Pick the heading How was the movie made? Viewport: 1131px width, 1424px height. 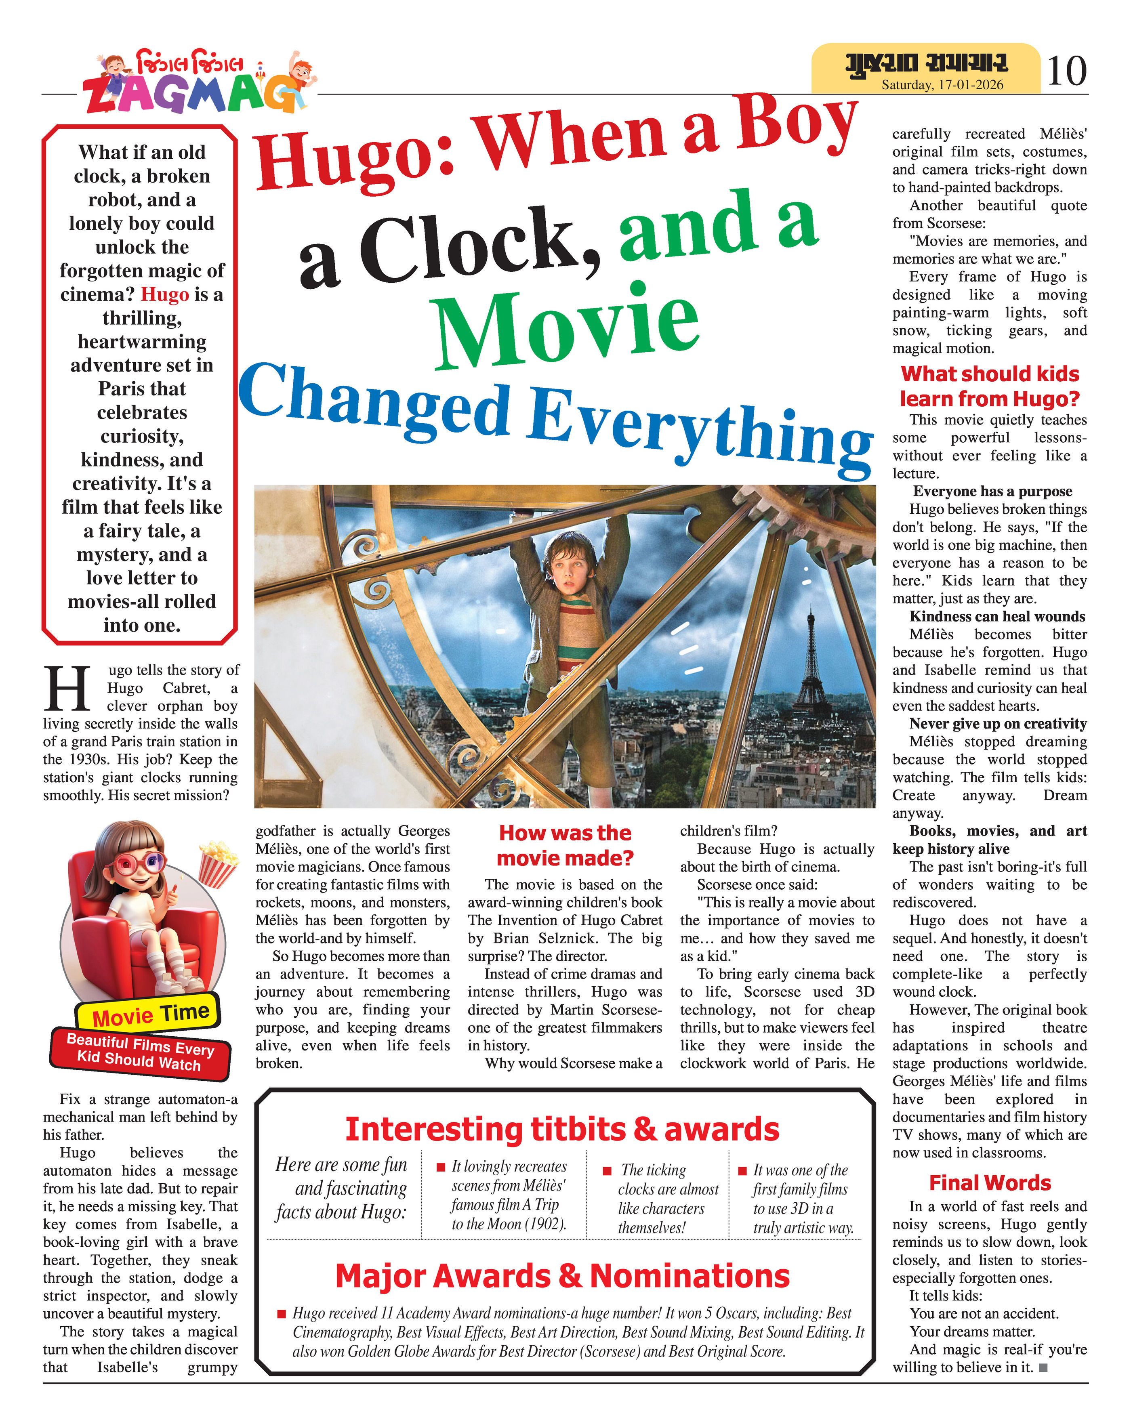(565, 845)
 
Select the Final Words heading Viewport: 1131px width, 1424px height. (990, 1182)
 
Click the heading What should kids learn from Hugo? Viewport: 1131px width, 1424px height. (990, 386)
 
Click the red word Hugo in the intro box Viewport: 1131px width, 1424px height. (165, 294)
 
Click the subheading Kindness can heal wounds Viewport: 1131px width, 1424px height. (997, 616)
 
